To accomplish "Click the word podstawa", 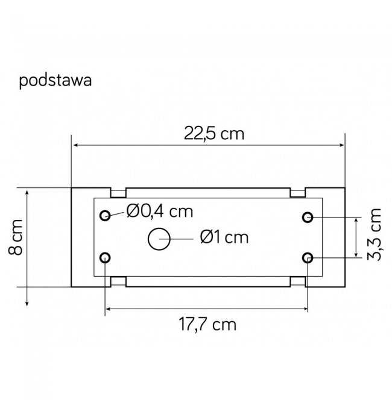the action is point(55,80).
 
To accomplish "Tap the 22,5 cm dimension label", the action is point(214,133).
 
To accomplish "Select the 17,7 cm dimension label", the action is point(207,324).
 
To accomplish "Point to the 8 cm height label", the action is point(16,237).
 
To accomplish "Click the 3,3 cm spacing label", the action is point(374,234).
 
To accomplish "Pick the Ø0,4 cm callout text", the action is point(160,211).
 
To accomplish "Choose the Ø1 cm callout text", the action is point(224,237).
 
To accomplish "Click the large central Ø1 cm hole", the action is point(159,239).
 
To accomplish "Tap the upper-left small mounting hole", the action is point(105,215).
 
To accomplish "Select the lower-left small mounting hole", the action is point(105,257).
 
